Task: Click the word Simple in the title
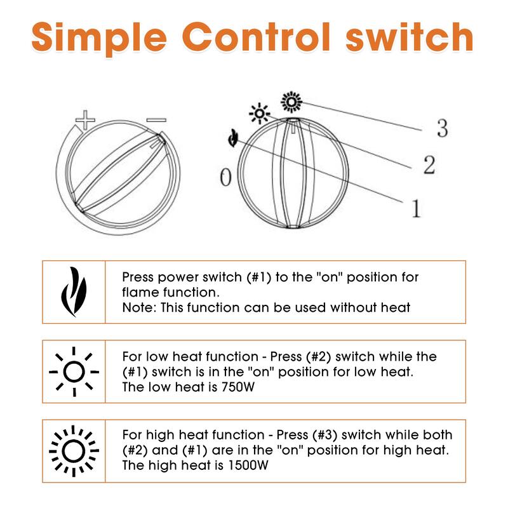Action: (x=99, y=39)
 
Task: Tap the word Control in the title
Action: (x=257, y=37)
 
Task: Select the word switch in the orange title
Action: (x=410, y=37)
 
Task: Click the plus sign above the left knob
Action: (x=85, y=120)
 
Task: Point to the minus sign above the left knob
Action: (x=156, y=120)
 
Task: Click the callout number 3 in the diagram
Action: (x=442, y=128)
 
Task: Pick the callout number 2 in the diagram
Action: (x=429, y=165)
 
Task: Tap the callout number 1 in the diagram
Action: (x=417, y=208)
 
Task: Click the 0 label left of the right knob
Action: (x=226, y=177)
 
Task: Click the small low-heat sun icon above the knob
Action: (x=260, y=114)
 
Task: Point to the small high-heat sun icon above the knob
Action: (x=291, y=102)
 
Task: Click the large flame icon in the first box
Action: (x=74, y=291)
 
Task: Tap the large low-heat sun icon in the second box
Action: (x=74, y=371)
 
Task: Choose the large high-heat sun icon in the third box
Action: (x=74, y=451)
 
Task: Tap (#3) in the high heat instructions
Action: (x=324, y=435)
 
